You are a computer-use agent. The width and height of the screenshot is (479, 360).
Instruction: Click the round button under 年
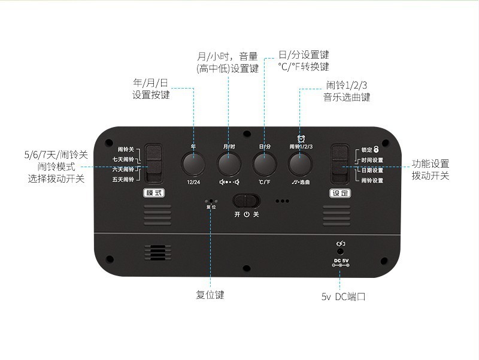pos(193,164)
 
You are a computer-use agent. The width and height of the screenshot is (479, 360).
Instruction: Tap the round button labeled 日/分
pos(263,164)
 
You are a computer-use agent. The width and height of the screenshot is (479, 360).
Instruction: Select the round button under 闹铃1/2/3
pos(299,164)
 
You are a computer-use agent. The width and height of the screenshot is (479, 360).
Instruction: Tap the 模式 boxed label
pos(154,193)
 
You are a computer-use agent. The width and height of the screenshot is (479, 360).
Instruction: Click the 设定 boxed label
pos(340,193)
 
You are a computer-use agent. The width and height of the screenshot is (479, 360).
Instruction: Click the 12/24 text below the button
pos(193,181)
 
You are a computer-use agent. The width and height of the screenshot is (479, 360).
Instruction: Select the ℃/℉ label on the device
pos(264,181)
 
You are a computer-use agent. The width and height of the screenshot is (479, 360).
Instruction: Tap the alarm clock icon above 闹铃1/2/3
pos(301,138)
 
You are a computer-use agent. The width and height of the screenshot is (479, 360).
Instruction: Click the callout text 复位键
pos(210,295)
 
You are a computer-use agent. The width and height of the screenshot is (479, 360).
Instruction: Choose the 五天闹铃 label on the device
pos(123,180)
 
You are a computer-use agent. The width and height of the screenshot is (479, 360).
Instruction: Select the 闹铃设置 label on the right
pos(372,180)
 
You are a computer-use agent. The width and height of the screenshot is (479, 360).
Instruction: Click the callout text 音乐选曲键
pos(347,96)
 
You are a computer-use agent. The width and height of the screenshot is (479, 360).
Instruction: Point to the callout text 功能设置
pos(431,164)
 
